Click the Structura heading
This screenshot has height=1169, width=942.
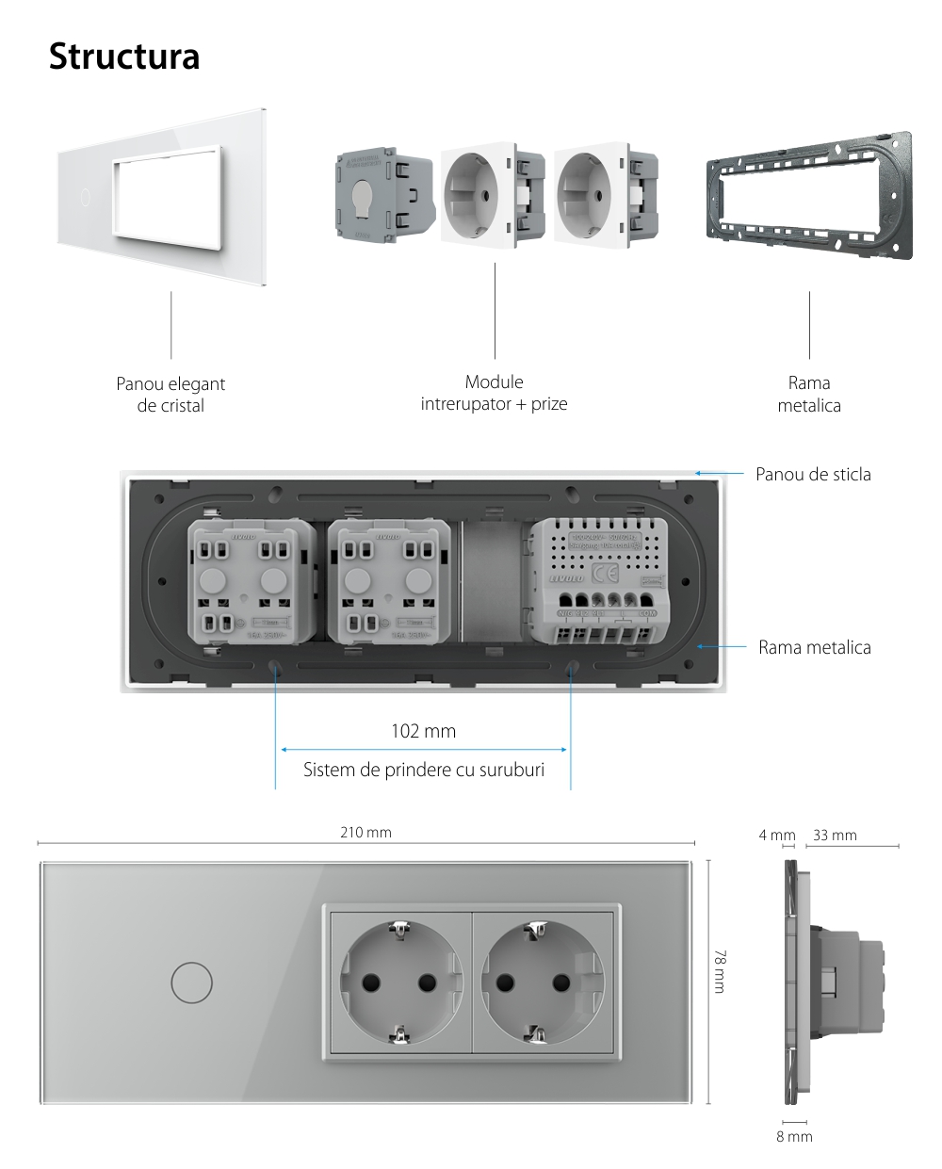tap(124, 57)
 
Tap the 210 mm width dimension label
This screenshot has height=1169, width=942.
tap(365, 833)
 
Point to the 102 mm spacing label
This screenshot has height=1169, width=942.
tap(423, 730)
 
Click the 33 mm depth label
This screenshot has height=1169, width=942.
tap(834, 835)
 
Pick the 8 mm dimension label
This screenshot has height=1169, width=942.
tap(793, 1136)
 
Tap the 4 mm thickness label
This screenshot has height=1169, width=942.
tap(776, 835)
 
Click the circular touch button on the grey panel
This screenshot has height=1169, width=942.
tap(191, 982)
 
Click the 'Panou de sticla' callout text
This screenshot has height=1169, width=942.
tap(813, 474)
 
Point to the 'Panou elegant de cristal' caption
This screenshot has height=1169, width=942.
tap(171, 395)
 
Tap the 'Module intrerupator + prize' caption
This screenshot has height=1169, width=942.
tap(494, 393)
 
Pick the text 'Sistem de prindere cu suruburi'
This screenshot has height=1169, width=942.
tap(423, 770)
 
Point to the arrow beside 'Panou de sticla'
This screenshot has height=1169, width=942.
tap(716, 474)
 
